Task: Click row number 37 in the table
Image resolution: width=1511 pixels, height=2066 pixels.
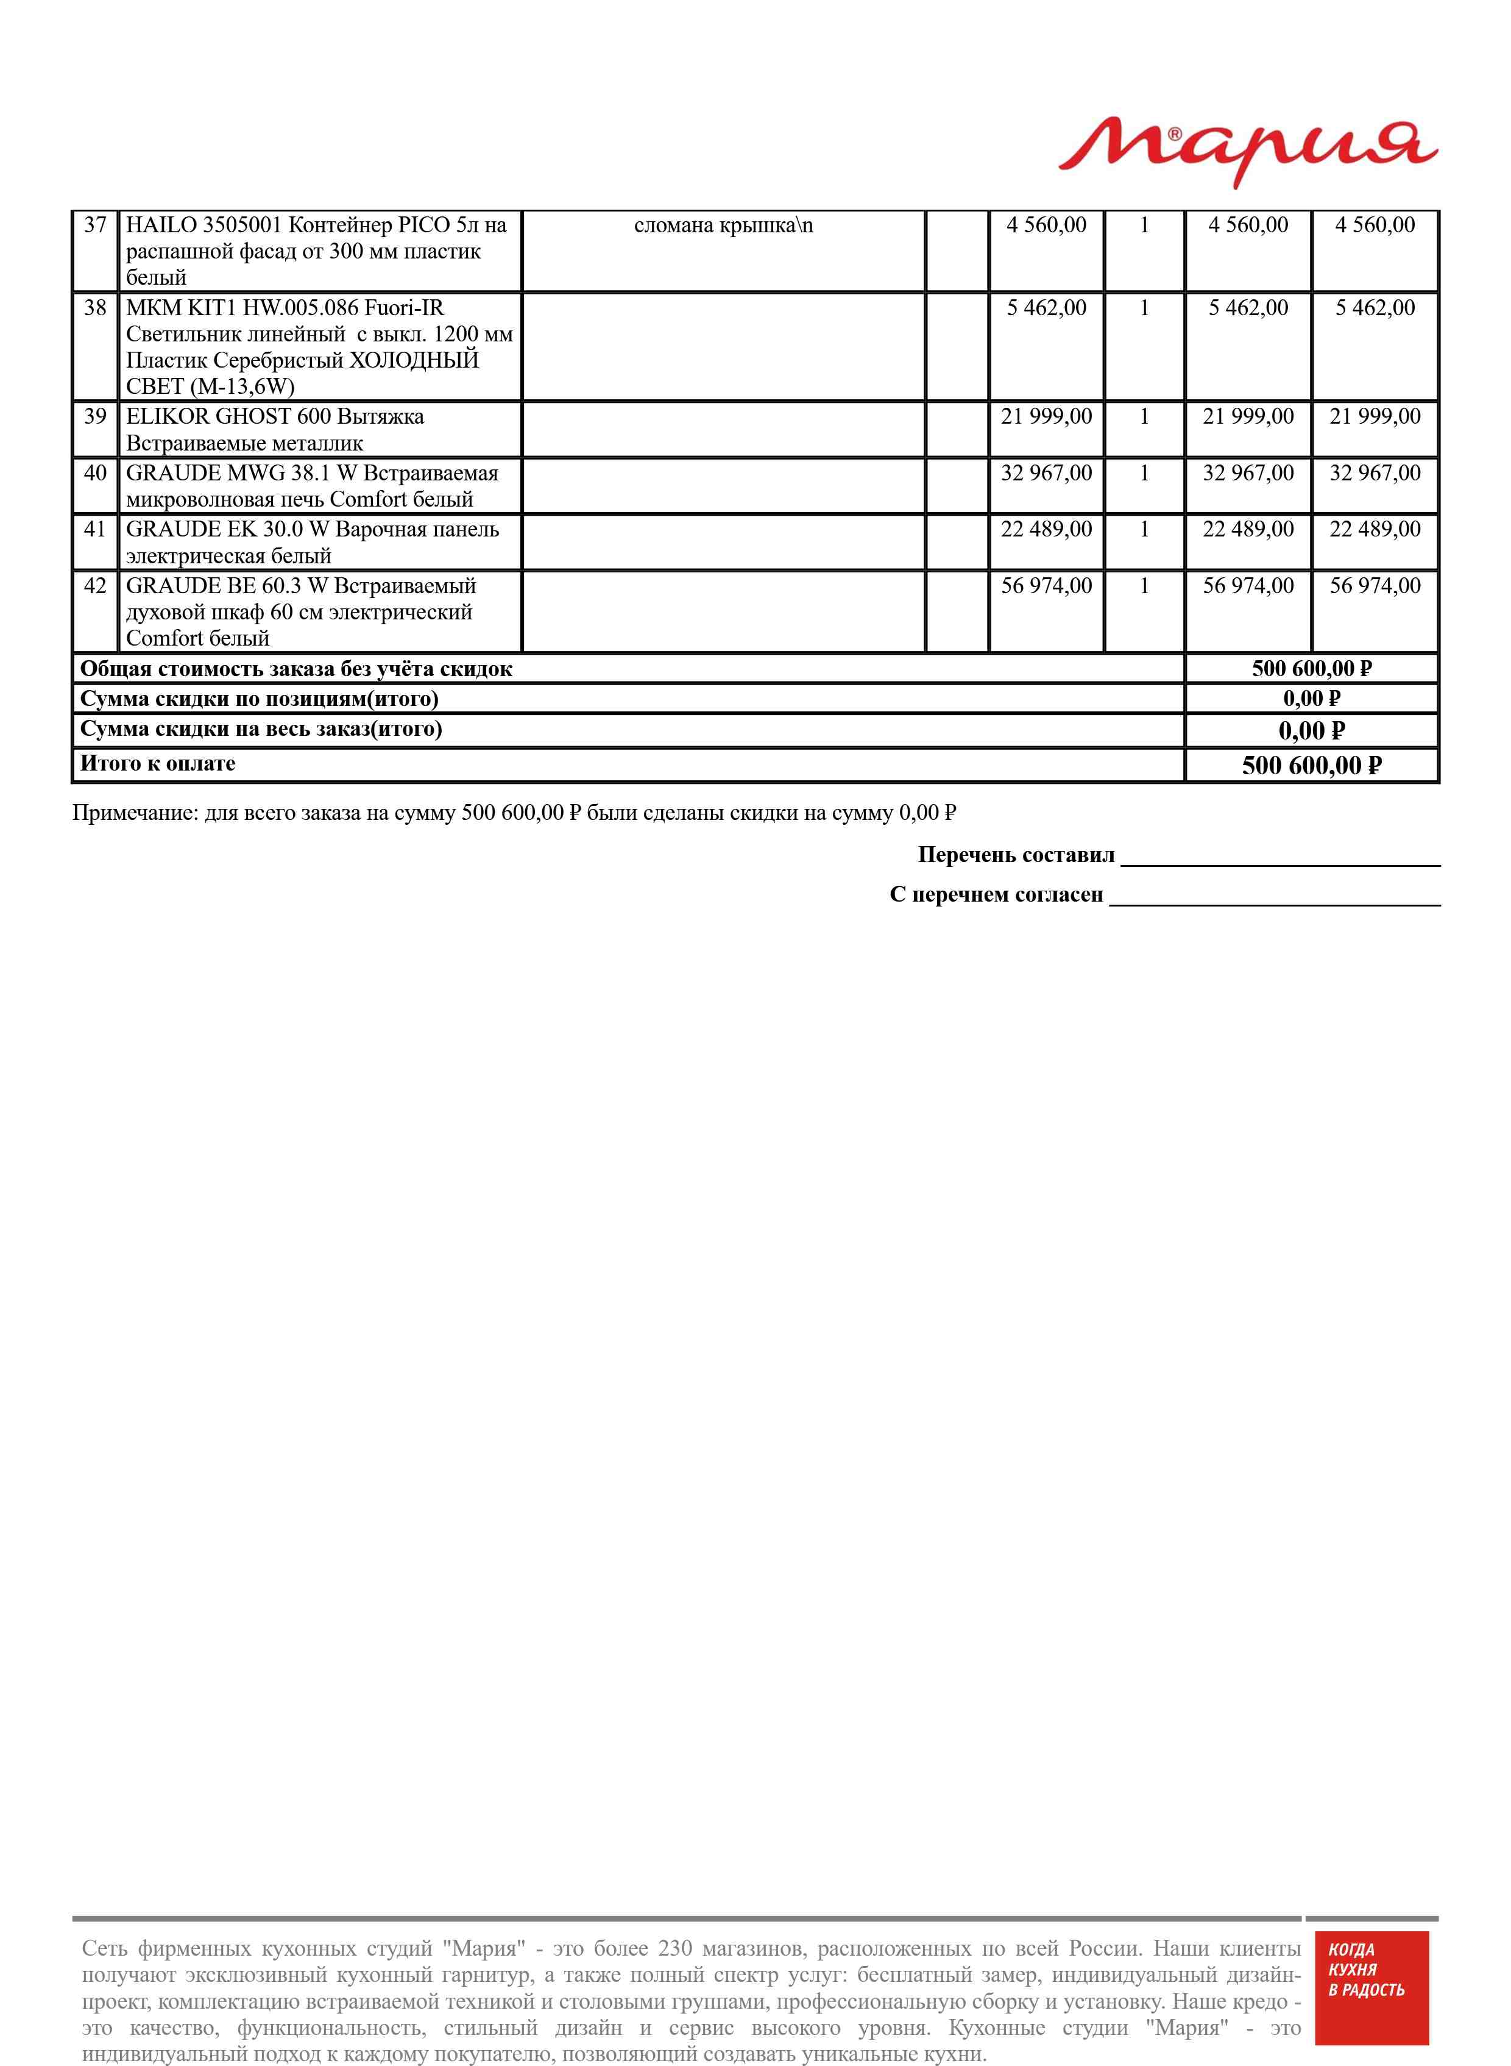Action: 95,225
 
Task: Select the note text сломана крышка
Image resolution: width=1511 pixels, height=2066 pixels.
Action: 723,225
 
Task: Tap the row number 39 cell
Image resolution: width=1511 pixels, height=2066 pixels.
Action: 95,417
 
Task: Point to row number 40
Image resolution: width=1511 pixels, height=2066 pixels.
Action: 95,474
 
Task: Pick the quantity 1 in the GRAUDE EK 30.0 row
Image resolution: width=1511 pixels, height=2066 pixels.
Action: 1144,530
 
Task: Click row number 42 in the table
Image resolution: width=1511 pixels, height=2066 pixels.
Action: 95,586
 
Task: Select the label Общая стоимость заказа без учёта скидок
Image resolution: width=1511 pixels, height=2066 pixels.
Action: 296,669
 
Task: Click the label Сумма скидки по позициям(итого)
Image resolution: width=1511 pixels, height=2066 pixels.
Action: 260,699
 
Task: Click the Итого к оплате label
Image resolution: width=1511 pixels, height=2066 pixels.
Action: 157,764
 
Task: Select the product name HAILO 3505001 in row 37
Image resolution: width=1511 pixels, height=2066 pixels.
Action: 203,225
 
